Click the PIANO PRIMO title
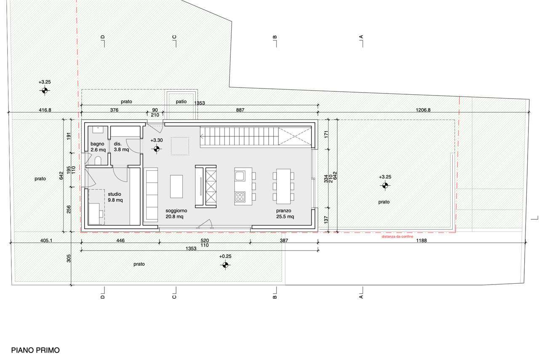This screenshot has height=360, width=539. pos(35,350)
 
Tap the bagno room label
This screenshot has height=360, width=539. pos(97,144)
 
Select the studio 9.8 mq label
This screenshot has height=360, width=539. pos(115,197)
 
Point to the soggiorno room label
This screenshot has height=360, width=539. pos(176,211)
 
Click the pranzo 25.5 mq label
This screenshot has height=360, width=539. pos(285,213)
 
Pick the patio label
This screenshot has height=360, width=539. pos(181,101)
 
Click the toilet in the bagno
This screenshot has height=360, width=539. pos(98,161)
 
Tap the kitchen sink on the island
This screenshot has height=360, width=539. pos(240,176)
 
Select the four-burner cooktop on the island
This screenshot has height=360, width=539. pos(240,196)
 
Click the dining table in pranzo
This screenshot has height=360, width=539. pos(283,186)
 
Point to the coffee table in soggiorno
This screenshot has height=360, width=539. pos(176,187)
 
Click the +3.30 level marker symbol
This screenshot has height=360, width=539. pos(156,149)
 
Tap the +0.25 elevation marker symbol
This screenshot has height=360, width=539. pos(225,265)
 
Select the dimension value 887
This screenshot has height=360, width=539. pos(240,110)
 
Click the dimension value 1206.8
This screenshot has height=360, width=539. pos(423,110)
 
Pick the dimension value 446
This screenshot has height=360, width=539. pos(120,240)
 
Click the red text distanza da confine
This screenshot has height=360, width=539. pos(397,237)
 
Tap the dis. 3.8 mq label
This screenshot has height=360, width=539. pos(121,147)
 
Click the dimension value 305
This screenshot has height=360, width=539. pos(69,259)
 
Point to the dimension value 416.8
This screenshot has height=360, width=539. pos(45,110)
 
